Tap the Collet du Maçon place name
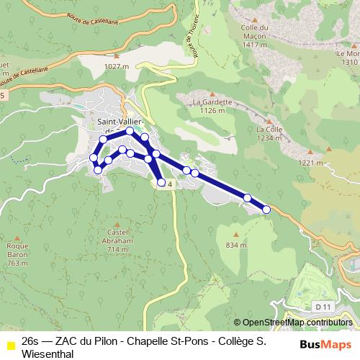(x=256, y=32)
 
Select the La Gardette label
(x=208, y=102)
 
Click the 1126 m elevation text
(x=208, y=111)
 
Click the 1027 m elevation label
(x=115, y=66)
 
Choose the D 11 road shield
(x=323, y=307)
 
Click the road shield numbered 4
(x=168, y=185)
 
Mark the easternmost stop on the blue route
(x=266, y=210)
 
